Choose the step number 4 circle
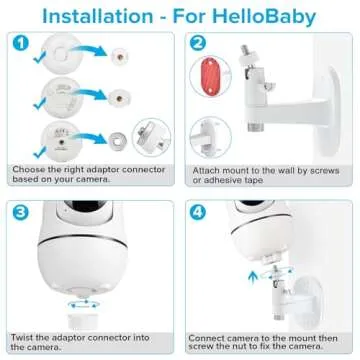[x=199, y=213]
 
